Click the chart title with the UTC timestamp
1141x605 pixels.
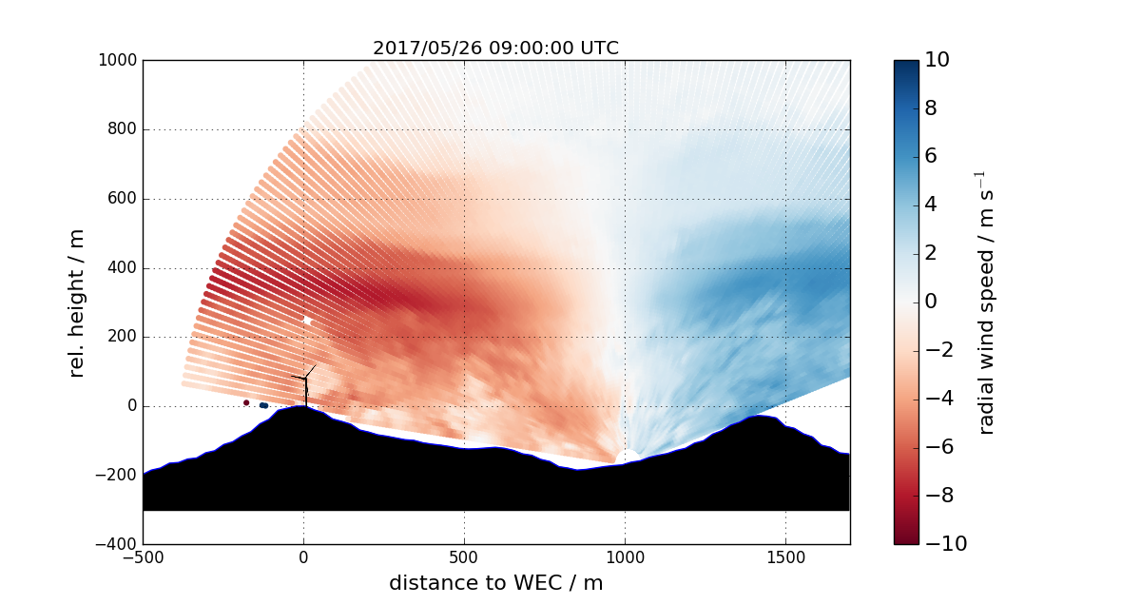tap(495, 48)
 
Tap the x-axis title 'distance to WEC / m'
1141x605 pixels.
tap(495, 582)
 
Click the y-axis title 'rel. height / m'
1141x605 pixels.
tap(77, 302)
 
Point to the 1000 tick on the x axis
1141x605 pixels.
tap(625, 557)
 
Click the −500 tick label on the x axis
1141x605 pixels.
tap(143, 557)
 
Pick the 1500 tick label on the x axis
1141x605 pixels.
tap(785, 557)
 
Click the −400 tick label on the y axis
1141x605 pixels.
tap(116, 544)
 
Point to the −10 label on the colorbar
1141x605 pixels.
tap(944, 544)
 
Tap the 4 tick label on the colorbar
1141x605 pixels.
tap(932, 205)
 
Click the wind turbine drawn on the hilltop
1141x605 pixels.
tap(306, 385)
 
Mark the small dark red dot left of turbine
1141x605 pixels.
tap(246, 402)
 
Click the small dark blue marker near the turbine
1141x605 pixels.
tap(263, 405)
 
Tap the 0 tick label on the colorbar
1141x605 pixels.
tap(932, 302)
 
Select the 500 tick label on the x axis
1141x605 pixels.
tap(464, 557)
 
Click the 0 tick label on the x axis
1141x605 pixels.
tap(303, 557)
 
